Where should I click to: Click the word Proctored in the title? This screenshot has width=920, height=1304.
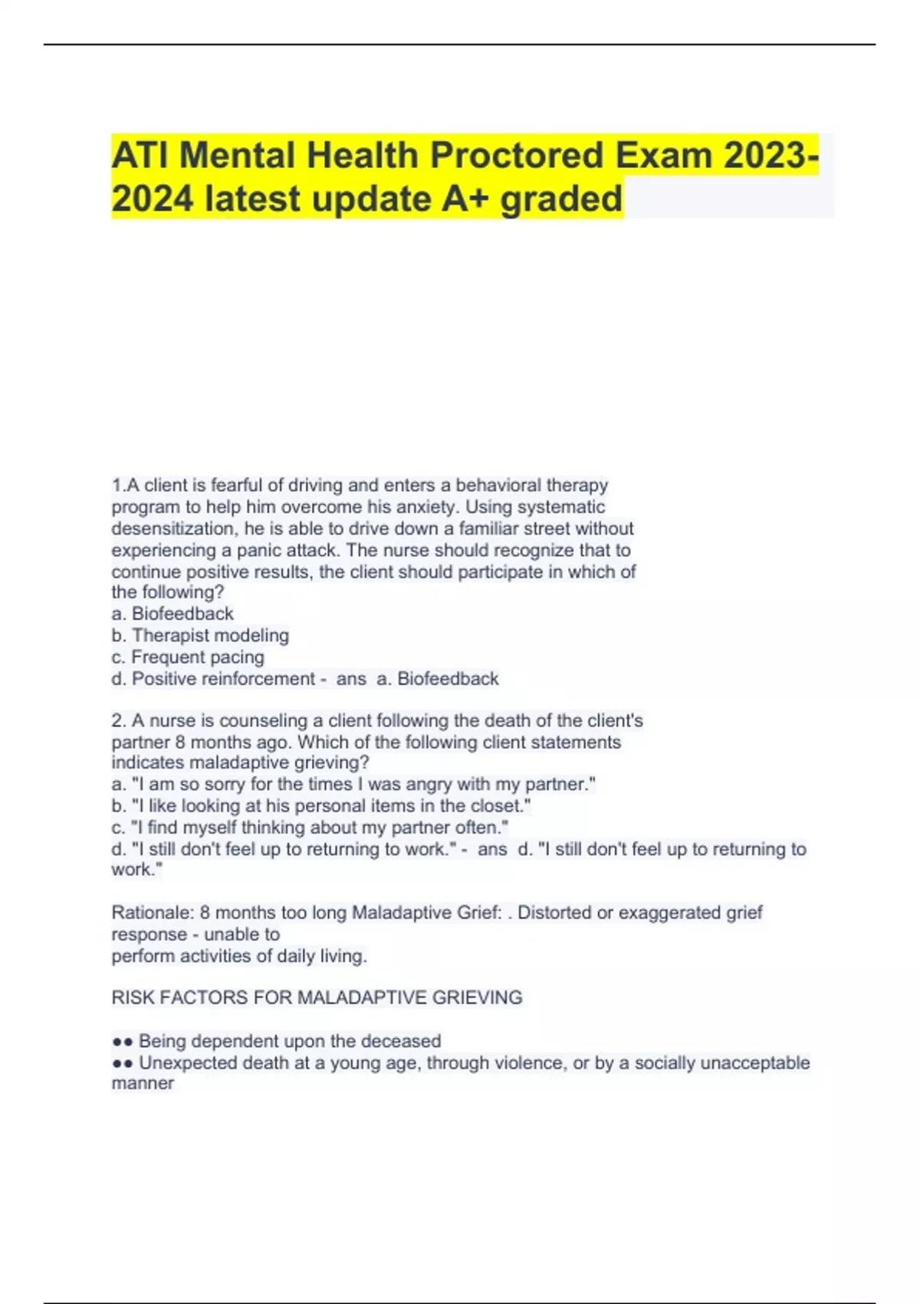click(x=517, y=156)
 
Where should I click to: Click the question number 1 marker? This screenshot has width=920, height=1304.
click(x=117, y=486)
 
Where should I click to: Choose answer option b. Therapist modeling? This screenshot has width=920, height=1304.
click(x=200, y=635)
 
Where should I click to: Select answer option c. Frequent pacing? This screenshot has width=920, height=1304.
click(x=188, y=657)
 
